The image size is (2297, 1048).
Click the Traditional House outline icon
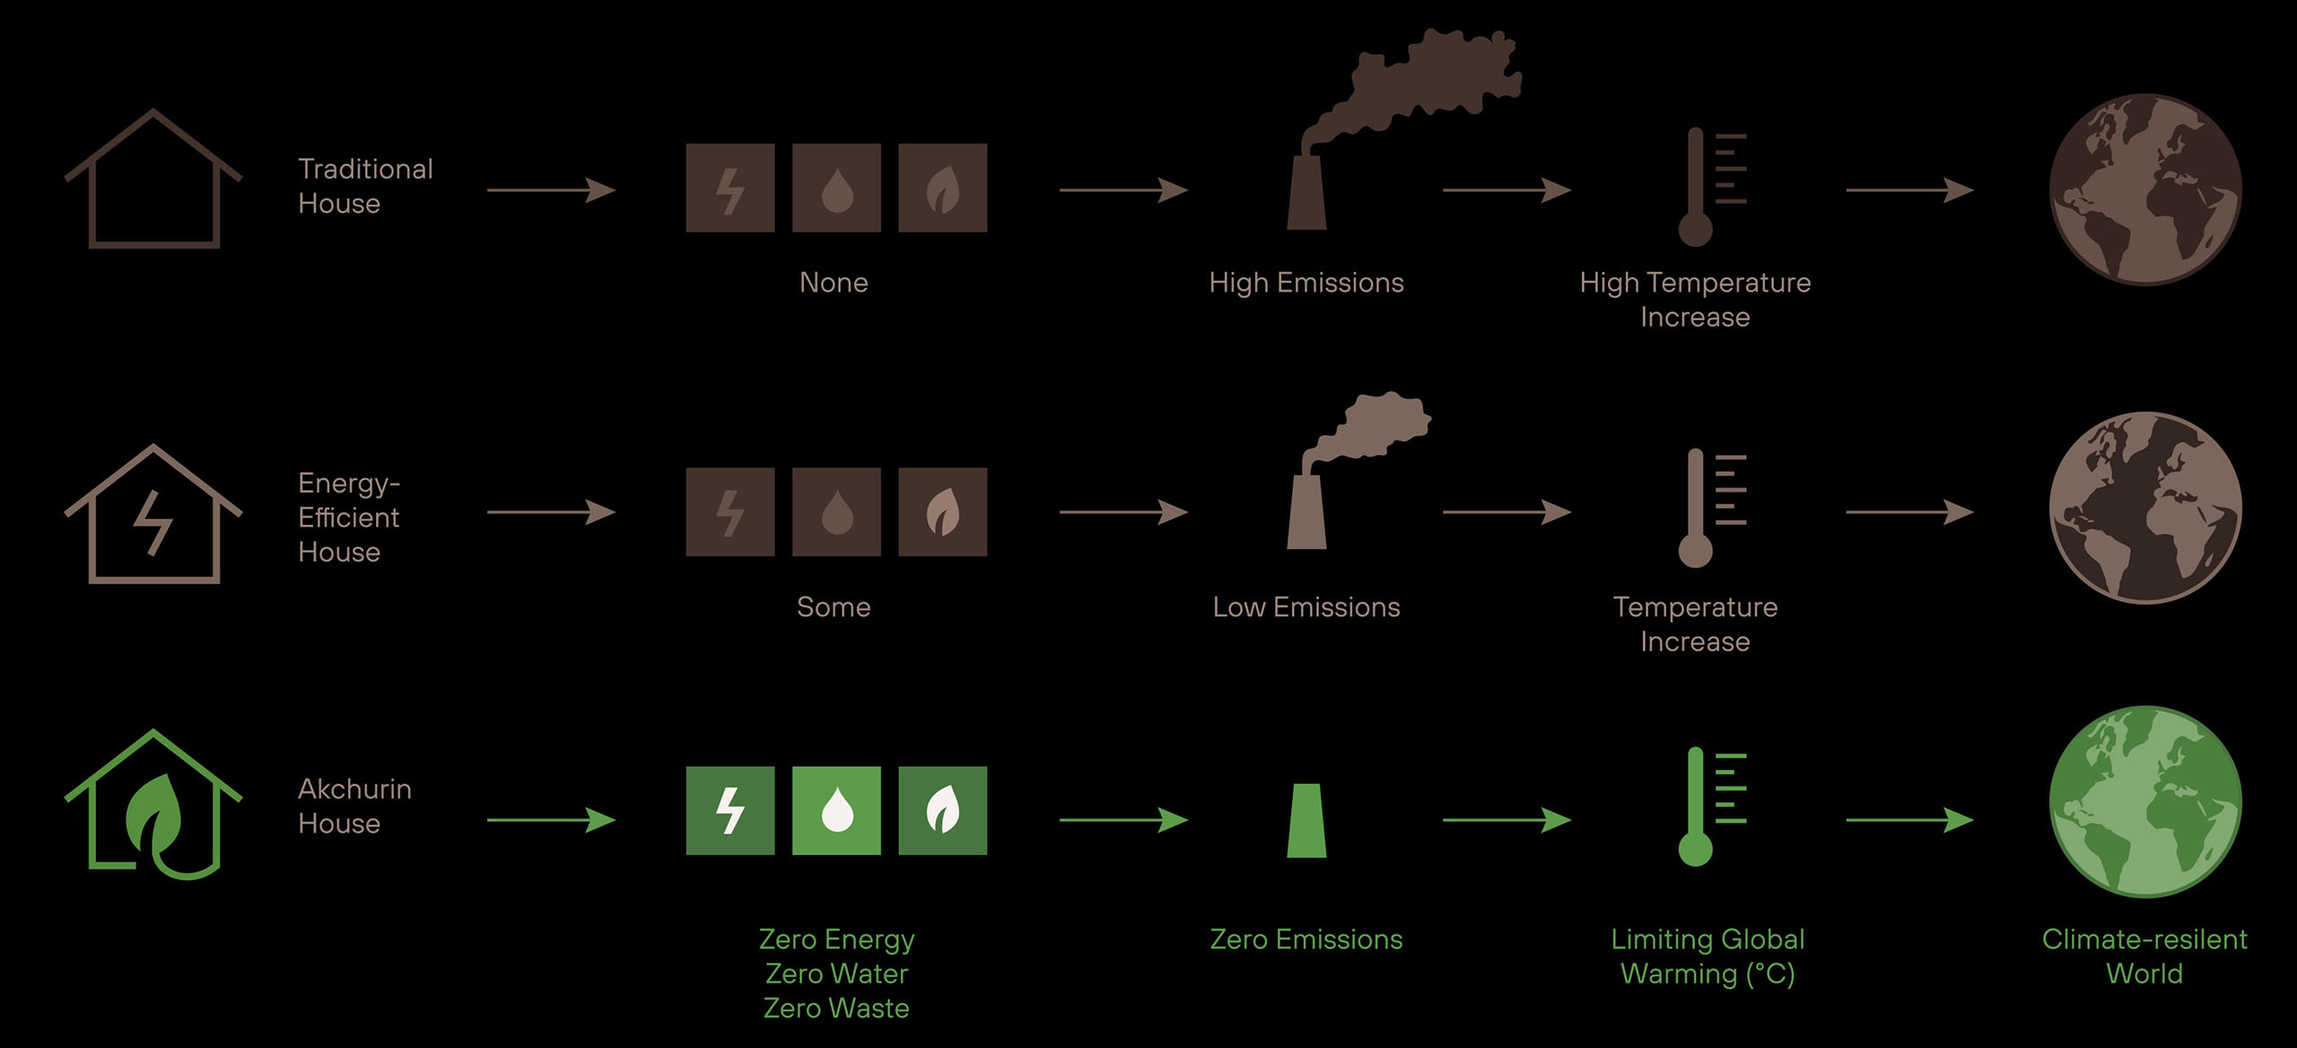[153, 179]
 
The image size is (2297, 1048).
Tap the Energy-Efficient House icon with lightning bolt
[153, 515]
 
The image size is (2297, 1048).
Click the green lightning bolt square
[730, 810]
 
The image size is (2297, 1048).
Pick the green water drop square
[836, 810]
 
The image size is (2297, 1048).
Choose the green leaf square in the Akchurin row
[942, 810]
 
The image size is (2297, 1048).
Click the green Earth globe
[2144, 801]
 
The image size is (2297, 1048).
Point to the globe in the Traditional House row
[2144, 190]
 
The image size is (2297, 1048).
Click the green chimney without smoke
[1306, 821]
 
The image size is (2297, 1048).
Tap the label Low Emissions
[1306, 607]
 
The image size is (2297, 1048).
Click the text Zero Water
[836, 974]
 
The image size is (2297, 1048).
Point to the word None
[834, 283]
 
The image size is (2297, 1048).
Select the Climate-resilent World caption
[2144, 956]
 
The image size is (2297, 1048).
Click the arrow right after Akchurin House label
[551, 819]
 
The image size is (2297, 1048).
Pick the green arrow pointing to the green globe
[1909, 819]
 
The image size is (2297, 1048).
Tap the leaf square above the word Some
[942, 511]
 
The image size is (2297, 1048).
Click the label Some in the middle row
[834, 607]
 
